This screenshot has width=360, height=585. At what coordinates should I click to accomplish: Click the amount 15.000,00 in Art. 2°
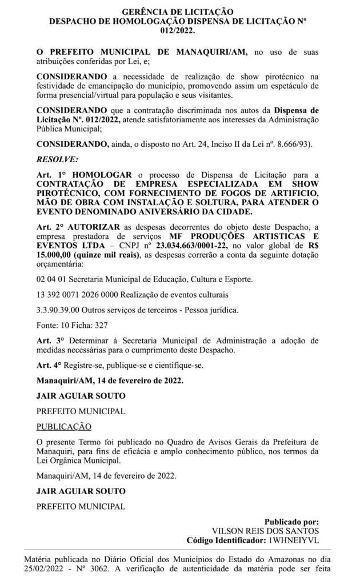58,255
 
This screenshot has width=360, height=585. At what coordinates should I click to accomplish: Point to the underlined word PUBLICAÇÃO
63,426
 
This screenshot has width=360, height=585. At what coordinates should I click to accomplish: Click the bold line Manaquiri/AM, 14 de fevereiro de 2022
110,380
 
